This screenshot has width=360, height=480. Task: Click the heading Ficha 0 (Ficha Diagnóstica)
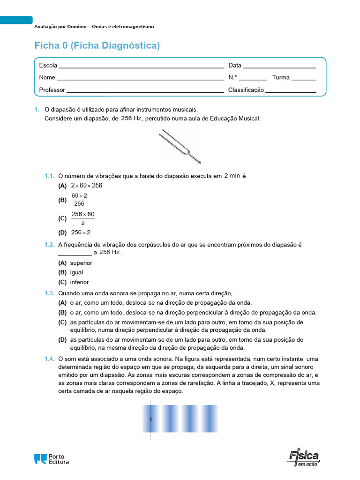(97, 45)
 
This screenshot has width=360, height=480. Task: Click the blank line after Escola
(141, 66)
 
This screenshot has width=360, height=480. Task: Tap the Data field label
(235, 66)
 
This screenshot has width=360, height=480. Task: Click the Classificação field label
(246, 90)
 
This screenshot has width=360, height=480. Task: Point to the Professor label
(52, 90)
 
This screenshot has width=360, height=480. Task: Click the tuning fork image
(180, 146)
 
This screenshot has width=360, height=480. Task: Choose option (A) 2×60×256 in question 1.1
(86, 186)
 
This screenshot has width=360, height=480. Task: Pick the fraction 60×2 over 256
(79, 200)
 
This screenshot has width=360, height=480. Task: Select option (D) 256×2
(81, 232)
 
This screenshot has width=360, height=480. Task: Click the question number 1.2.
(50, 245)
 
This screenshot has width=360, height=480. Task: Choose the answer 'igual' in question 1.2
(76, 272)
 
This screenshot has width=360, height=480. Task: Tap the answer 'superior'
(81, 263)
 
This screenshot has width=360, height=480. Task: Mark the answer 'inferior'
(79, 282)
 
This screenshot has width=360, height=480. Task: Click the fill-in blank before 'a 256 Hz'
(75, 253)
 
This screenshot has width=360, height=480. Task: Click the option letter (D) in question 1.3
(62, 339)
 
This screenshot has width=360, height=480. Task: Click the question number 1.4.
(50, 359)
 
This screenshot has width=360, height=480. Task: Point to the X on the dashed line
(150, 419)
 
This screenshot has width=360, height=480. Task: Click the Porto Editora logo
(52, 459)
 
